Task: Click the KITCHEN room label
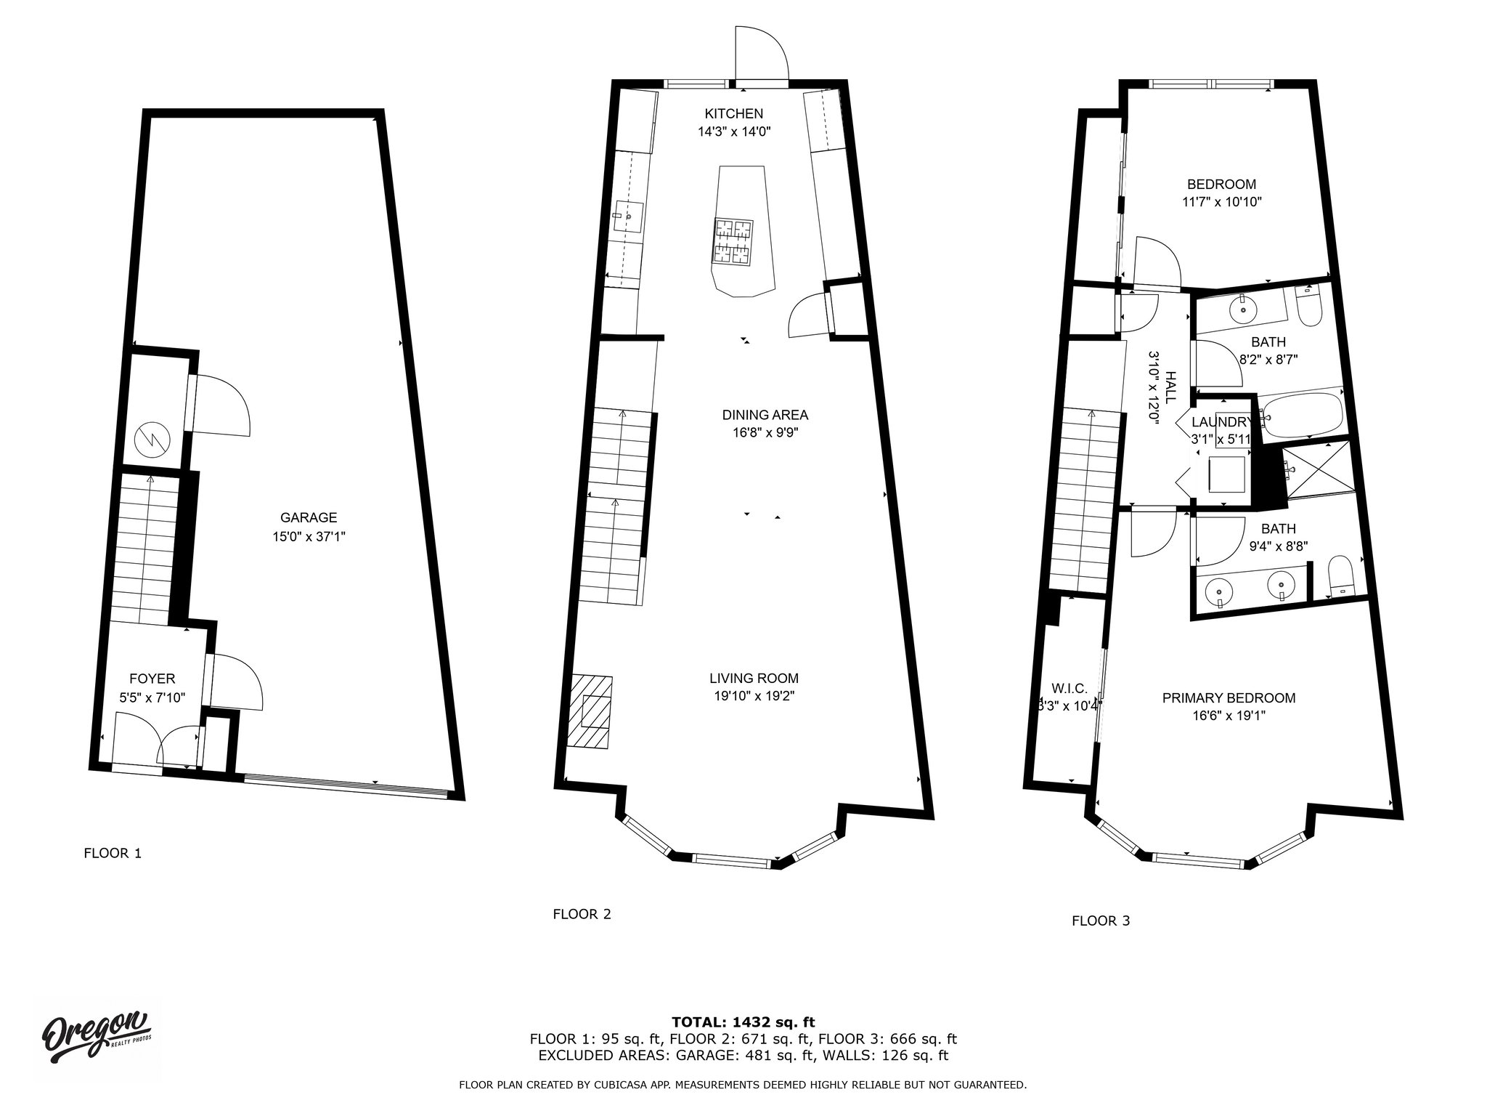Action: pyautogui.click(x=733, y=113)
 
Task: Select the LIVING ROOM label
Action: pyautogui.click(x=754, y=679)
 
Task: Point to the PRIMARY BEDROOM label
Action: pyautogui.click(x=1229, y=698)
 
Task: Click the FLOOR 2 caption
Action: pyautogui.click(x=582, y=914)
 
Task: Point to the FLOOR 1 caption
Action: pyautogui.click(x=113, y=853)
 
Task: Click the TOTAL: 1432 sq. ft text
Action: pyautogui.click(x=743, y=1022)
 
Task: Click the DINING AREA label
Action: pyautogui.click(x=765, y=415)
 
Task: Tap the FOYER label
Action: pyautogui.click(x=152, y=679)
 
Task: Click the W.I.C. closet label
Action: pyautogui.click(x=1069, y=688)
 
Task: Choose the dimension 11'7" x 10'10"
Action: pyautogui.click(x=1221, y=203)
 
